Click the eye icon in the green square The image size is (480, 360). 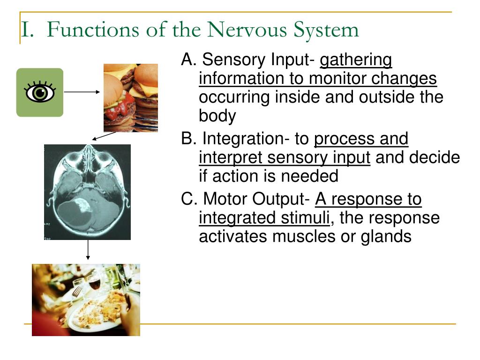click(40, 92)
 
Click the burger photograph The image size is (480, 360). click(130, 97)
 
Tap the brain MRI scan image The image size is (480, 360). click(87, 192)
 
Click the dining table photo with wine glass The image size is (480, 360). click(86, 300)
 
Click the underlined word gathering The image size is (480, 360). click(356, 60)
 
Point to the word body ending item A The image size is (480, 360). click(217, 117)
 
